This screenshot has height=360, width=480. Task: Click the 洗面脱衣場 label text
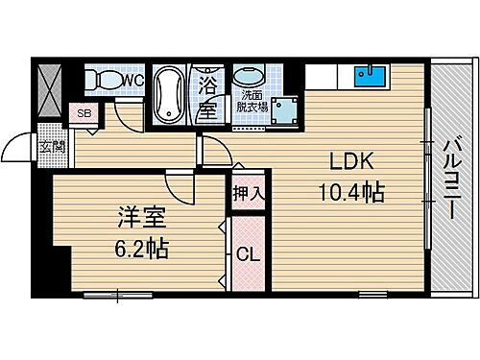click(x=254, y=102)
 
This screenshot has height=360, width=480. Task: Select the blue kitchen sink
click(x=371, y=75)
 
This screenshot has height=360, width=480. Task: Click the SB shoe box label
click(x=84, y=113)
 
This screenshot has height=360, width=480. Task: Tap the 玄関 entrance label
click(x=53, y=147)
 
